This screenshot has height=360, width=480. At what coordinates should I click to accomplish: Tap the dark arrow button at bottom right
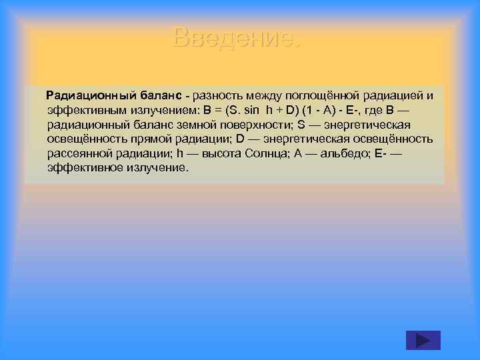(x=423, y=340)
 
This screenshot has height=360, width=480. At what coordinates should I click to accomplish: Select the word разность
(x=217, y=95)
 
